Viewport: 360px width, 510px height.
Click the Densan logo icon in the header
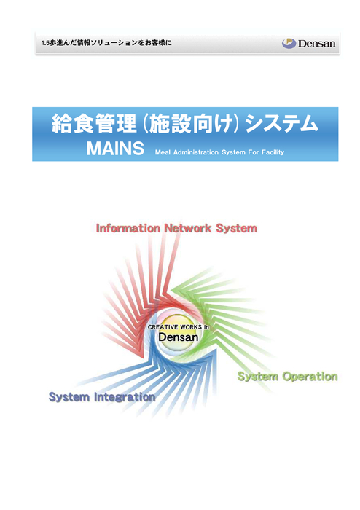click(289, 43)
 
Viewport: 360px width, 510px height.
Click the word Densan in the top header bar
click(316, 44)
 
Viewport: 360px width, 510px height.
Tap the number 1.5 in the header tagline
click(45, 43)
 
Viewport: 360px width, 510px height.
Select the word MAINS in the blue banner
click(115, 149)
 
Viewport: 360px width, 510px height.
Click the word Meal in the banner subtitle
click(163, 152)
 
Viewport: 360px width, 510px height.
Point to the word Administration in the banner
click(196, 152)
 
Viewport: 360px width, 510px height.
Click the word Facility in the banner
click(273, 152)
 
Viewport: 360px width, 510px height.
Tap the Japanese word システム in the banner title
click(281, 123)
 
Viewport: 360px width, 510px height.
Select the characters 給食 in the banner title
click(73, 123)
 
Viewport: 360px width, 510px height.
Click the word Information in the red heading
click(128, 228)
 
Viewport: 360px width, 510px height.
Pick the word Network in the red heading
click(187, 228)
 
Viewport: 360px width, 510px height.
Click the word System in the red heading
click(236, 228)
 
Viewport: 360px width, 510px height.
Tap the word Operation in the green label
click(310, 377)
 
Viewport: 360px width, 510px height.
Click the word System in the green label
click(258, 377)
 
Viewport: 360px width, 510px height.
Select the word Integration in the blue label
click(125, 397)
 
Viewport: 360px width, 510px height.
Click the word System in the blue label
click(69, 397)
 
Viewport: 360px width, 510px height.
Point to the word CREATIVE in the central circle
click(163, 327)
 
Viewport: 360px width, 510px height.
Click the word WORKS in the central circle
click(191, 327)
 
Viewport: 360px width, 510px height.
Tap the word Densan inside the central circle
click(179, 337)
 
